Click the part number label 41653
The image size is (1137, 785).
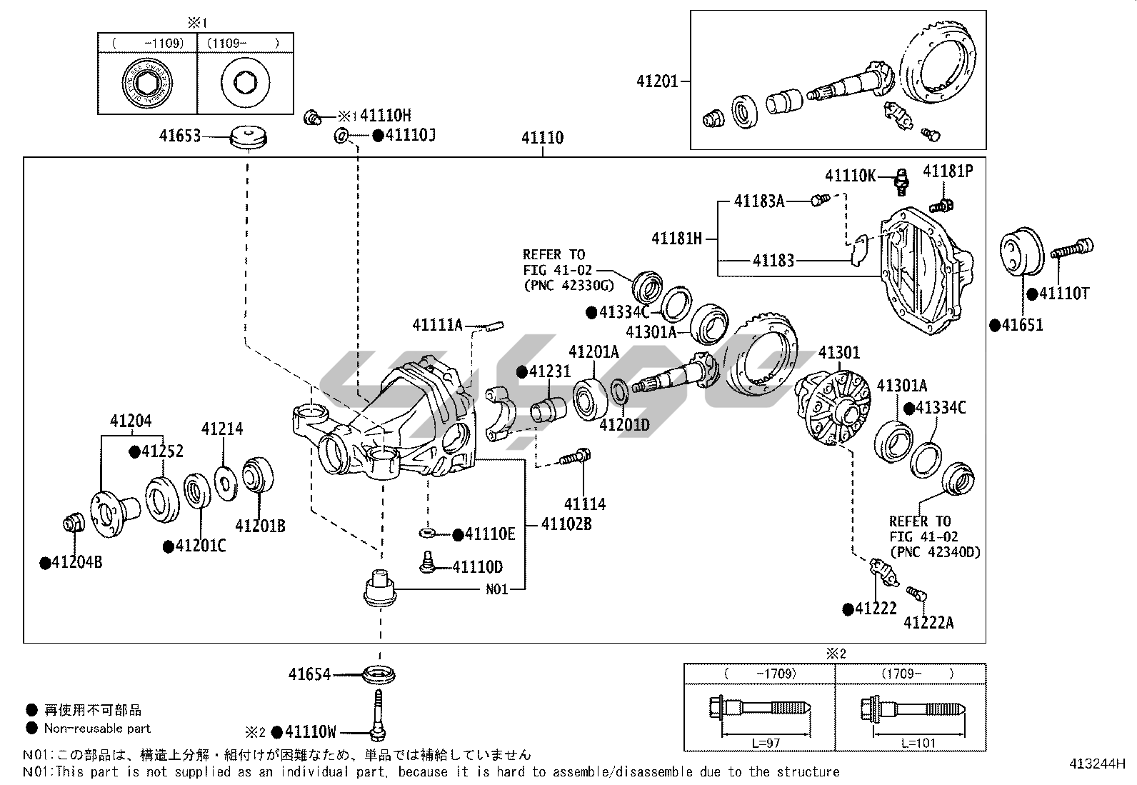(x=179, y=135)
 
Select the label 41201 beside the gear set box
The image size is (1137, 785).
(x=657, y=81)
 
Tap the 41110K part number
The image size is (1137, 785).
(x=850, y=175)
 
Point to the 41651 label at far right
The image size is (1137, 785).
(x=1022, y=325)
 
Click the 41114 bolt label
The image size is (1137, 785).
(x=584, y=504)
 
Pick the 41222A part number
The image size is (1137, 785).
(x=928, y=622)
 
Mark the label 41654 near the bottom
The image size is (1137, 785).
(x=309, y=674)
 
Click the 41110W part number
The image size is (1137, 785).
(x=310, y=731)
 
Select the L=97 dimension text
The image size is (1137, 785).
(x=766, y=743)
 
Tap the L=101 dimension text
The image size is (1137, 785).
(x=918, y=743)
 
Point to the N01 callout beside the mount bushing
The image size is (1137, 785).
(x=496, y=590)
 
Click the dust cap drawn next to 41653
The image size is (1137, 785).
(x=251, y=137)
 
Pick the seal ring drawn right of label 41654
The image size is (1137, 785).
(x=379, y=674)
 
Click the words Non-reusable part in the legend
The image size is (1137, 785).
(x=97, y=729)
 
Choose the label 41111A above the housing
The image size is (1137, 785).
(x=438, y=325)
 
